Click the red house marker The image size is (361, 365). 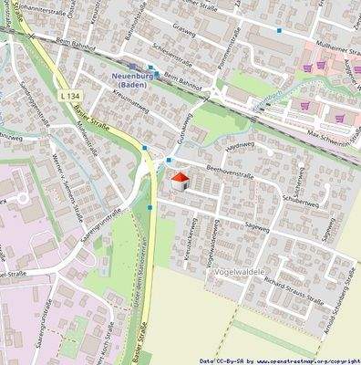coord(180,180)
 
